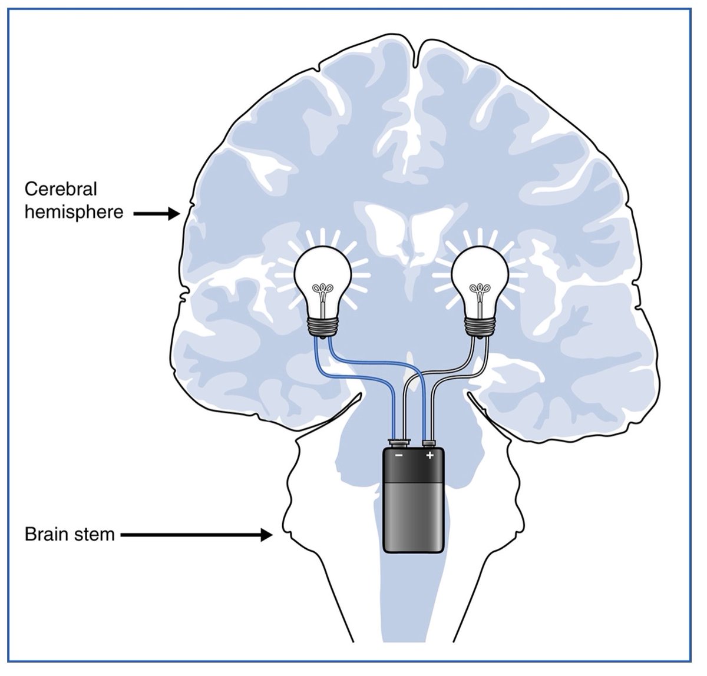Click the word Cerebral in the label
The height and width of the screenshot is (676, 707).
click(x=61, y=190)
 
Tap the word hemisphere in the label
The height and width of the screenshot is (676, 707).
click(x=74, y=212)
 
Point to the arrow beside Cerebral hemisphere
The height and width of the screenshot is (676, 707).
click(x=156, y=214)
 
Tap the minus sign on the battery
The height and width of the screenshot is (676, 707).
click(x=399, y=455)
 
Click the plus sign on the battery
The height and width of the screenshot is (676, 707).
click(x=430, y=455)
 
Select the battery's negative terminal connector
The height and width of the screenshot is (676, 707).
click(x=399, y=442)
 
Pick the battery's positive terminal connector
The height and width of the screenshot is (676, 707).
click(x=429, y=442)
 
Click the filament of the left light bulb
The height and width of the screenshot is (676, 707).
click(x=322, y=291)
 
